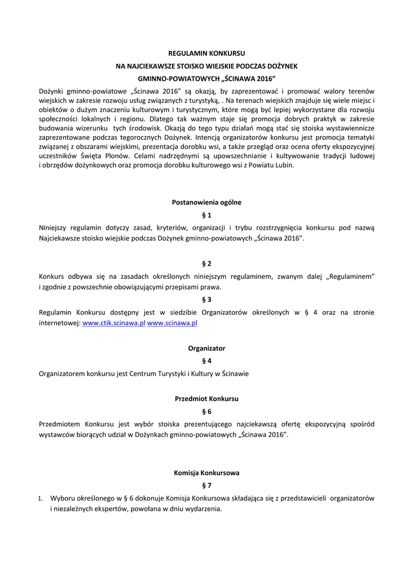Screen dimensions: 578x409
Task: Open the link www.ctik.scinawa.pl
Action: click(114, 323)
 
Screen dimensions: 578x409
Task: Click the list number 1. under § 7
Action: click(41, 499)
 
